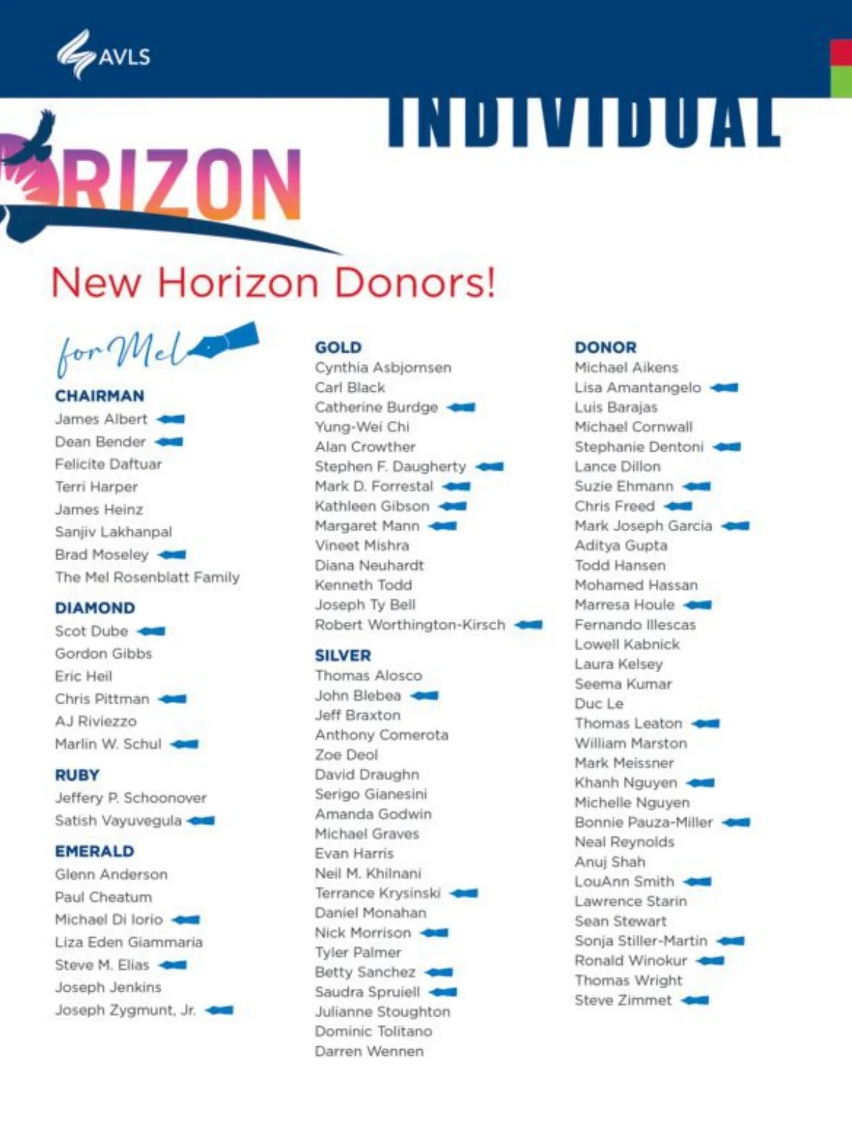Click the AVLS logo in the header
(103, 55)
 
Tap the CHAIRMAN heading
(99, 395)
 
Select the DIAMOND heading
(94, 608)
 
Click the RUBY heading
(77, 775)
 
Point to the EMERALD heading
(94, 850)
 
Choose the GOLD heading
(338, 347)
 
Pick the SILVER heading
(343, 655)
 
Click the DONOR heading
(606, 347)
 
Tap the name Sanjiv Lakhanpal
(114, 532)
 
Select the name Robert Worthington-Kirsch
(410, 625)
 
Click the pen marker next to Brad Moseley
(172, 554)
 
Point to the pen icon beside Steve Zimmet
(695, 1000)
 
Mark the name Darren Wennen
(369, 1051)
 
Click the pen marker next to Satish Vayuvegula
(201, 821)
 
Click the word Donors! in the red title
(414, 283)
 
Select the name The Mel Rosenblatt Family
(147, 577)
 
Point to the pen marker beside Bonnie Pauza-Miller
(736, 822)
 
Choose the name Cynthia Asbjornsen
(383, 367)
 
